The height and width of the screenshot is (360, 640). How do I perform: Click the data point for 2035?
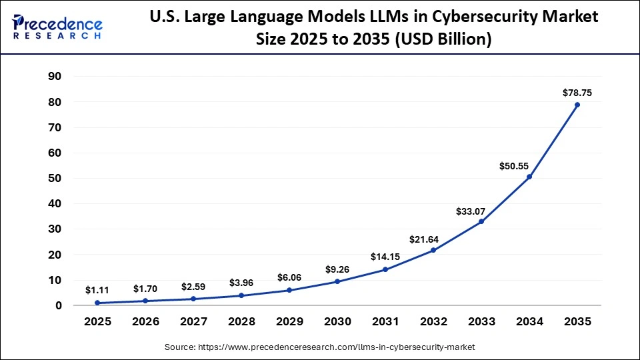click(x=577, y=105)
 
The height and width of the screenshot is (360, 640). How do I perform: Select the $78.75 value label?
click(x=577, y=93)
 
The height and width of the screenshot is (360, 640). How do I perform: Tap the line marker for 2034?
click(x=529, y=177)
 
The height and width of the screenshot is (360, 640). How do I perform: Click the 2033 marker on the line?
click(x=481, y=221)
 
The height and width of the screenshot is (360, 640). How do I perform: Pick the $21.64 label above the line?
click(x=433, y=238)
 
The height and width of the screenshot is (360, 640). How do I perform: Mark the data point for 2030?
click(x=337, y=281)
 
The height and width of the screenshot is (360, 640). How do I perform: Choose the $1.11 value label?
click(x=97, y=290)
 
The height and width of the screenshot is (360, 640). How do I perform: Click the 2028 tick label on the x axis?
click(x=241, y=321)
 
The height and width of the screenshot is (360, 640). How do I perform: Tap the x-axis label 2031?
click(x=385, y=321)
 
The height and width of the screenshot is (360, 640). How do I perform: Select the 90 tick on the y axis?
click(x=55, y=77)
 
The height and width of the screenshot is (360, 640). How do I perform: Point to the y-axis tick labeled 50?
click(x=55, y=179)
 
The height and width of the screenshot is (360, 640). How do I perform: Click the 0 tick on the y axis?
click(x=59, y=306)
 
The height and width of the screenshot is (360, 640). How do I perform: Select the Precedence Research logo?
click(x=57, y=26)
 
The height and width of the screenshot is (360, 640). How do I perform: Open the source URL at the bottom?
click(x=320, y=347)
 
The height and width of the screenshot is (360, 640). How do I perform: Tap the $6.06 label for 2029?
click(x=289, y=277)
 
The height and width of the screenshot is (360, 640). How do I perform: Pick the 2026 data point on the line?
click(x=145, y=301)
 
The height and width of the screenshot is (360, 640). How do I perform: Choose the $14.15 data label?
click(x=385, y=257)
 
